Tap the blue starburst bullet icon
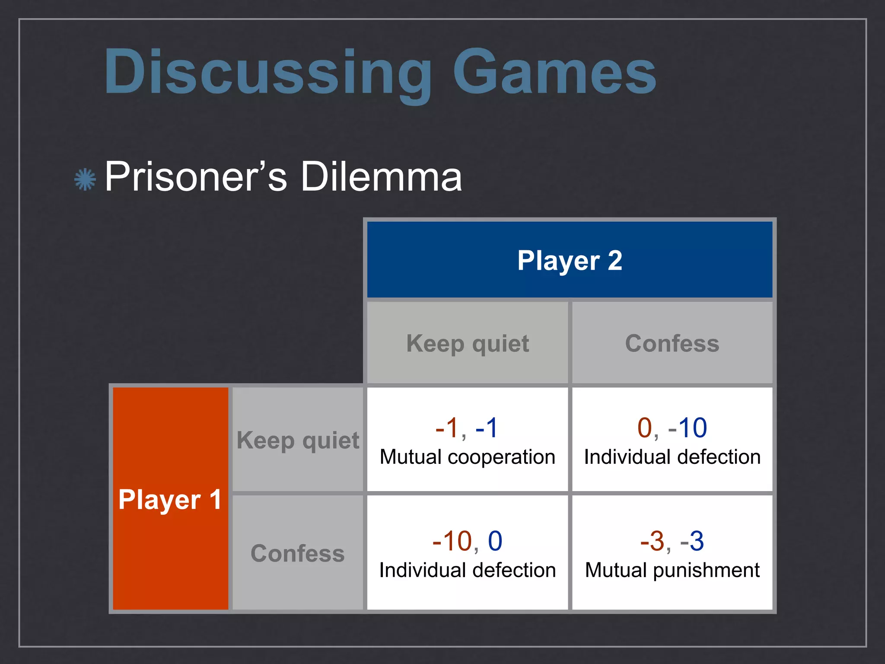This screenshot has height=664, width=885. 85,179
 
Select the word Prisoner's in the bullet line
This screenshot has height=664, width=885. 196,177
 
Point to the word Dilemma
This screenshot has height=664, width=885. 381,177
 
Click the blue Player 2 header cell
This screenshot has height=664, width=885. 570,260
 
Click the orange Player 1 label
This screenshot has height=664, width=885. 170,500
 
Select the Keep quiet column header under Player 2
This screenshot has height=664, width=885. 468,344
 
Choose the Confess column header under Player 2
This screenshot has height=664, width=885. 672,344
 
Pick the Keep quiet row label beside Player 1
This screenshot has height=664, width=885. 298,441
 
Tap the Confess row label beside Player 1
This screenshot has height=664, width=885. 298,554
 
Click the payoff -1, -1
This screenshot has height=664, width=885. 467,428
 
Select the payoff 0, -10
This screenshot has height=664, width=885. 672,428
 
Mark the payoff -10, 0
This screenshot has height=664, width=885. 467,541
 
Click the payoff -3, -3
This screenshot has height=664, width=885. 672,541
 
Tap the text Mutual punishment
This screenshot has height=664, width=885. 672,570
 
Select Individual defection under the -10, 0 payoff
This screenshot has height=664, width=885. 467,570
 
